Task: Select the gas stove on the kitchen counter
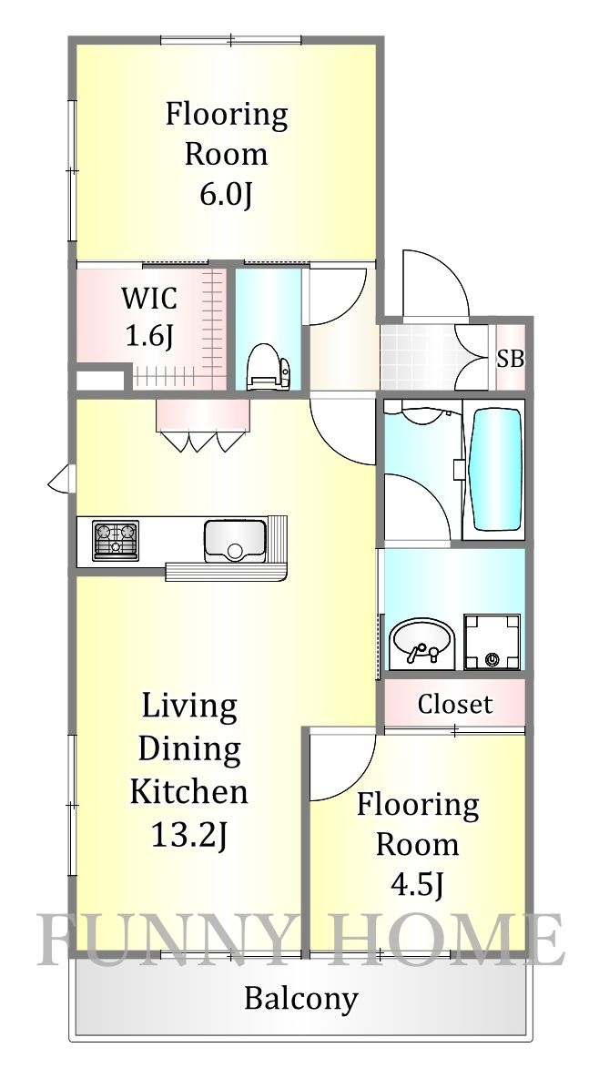tap(115, 540)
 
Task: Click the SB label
tap(510, 358)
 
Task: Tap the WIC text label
tap(149, 298)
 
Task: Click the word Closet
tap(454, 704)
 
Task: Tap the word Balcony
tap(300, 999)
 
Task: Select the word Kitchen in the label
tap(188, 789)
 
